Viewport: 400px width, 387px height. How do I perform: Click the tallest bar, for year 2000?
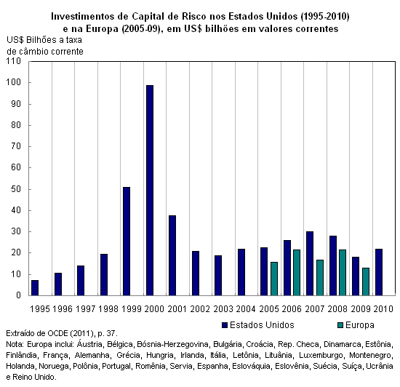click(150, 191)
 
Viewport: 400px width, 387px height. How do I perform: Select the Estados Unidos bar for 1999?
click(127, 242)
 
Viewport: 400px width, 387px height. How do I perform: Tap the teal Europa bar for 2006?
click(297, 273)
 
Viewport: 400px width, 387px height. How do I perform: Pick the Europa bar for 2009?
click(366, 282)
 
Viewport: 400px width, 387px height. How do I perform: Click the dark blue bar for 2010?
click(379, 272)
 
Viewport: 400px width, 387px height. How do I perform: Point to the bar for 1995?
click(35, 288)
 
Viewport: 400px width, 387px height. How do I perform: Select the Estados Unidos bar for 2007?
click(310, 263)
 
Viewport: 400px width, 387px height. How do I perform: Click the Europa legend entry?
click(356, 325)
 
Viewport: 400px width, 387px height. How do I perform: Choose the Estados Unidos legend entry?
click(258, 325)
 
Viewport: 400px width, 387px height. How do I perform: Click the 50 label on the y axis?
click(16, 189)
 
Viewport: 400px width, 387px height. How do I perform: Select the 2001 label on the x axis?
click(177, 309)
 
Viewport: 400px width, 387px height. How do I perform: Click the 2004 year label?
click(246, 309)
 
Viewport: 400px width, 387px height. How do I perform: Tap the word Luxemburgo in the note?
click(321, 355)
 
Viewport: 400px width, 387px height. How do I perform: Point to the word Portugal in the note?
click(116, 366)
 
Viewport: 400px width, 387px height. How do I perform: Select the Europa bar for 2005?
click(274, 279)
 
